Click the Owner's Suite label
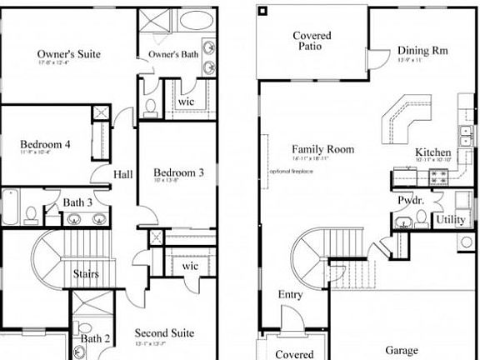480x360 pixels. click(69, 54)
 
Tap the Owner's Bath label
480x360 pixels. click(172, 55)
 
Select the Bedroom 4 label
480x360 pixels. click(45, 144)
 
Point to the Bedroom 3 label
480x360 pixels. click(178, 172)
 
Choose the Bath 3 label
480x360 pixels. click(77, 202)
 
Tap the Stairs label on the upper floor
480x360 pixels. click(86, 274)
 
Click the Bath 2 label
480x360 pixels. click(96, 338)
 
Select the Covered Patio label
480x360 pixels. click(312, 41)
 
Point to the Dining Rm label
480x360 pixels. click(422, 50)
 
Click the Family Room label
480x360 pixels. click(323, 150)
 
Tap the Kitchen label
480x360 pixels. click(433, 153)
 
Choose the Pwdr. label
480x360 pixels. click(408, 201)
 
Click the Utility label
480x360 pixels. click(451, 219)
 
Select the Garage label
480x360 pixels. click(402, 351)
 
